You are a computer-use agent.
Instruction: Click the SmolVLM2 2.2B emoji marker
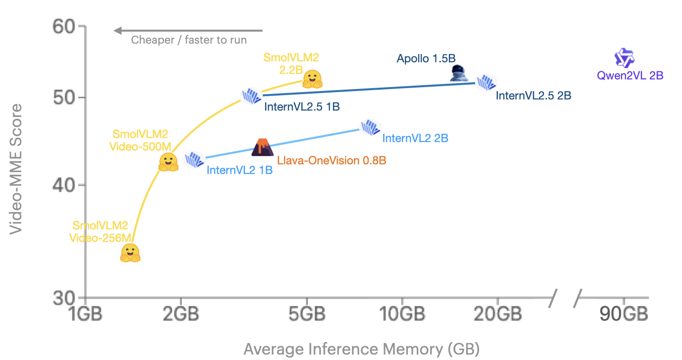pyautogui.click(x=312, y=79)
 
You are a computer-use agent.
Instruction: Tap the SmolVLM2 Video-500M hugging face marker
pyautogui.click(x=168, y=162)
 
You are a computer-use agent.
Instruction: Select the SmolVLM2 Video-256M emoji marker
pyautogui.click(x=130, y=253)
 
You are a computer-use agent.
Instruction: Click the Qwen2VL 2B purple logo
pyautogui.click(x=624, y=58)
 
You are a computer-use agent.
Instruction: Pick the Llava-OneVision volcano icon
pyautogui.click(x=262, y=147)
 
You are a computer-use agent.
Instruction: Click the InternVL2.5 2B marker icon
pyautogui.click(x=486, y=83)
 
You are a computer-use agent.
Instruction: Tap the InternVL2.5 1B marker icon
pyautogui.click(x=251, y=96)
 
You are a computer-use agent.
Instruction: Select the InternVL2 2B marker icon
pyautogui.click(x=370, y=127)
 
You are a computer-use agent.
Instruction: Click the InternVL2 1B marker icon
pyautogui.click(x=195, y=160)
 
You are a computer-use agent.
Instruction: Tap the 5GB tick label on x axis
pyautogui.click(x=307, y=314)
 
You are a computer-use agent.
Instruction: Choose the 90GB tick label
pyautogui.click(x=624, y=314)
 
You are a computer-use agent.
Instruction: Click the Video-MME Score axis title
pyautogui.click(x=16, y=168)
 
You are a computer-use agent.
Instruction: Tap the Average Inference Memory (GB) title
pyautogui.click(x=361, y=349)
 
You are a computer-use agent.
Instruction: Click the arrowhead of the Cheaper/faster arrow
pyautogui.click(x=118, y=31)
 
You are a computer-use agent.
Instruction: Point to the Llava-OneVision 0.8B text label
pyautogui.click(x=331, y=160)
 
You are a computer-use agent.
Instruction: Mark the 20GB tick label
pyautogui.click(x=497, y=314)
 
